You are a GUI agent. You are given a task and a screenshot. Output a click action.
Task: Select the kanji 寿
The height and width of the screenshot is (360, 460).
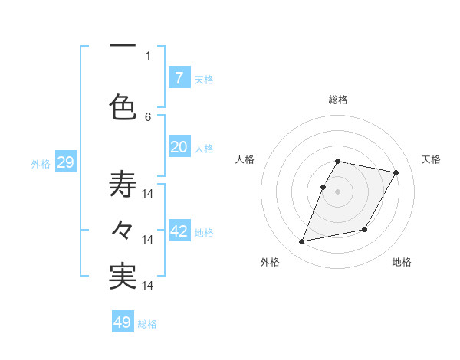pyautogui.click(x=123, y=184)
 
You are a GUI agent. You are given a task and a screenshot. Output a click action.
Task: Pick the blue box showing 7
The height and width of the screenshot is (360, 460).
pyautogui.click(x=179, y=78)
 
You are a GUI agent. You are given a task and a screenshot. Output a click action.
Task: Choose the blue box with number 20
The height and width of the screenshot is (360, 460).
pyautogui.click(x=179, y=147)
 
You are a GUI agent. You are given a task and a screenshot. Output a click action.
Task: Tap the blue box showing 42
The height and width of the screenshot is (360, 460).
pyautogui.click(x=179, y=231)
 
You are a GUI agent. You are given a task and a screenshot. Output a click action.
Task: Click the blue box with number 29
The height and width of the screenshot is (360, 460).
pyautogui.click(x=65, y=162)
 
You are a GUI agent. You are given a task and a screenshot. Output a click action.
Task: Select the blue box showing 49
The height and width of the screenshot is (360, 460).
pyautogui.click(x=123, y=322)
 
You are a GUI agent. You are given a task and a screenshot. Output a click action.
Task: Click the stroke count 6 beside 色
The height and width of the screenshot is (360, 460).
pyautogui.click(x=148, y=116)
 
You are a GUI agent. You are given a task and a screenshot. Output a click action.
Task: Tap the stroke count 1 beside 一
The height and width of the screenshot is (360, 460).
pyautogui.click(x=148, y=55)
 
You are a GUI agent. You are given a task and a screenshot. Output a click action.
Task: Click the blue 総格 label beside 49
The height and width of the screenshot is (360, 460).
pyautogui.click(x=147, y=324)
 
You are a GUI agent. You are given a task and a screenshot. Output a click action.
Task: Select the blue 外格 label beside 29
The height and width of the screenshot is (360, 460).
pyautogui.click(x=41, y=164)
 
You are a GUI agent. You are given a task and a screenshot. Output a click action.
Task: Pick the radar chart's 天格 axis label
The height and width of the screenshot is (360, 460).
pyautogui.click(x=431, y=159)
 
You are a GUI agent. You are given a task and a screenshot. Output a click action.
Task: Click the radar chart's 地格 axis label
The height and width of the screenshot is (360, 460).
pyautogui.click(x=402, y=263)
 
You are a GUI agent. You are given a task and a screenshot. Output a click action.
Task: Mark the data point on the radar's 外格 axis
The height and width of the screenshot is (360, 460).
pyautogui.click(x=302, y=242)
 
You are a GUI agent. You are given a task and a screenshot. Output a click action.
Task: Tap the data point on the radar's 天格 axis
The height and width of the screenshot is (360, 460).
pyautogui.click(x=396, y=173)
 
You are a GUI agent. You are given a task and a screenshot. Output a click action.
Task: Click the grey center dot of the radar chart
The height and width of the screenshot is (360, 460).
pyautogui.click(x=337, y=191)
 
